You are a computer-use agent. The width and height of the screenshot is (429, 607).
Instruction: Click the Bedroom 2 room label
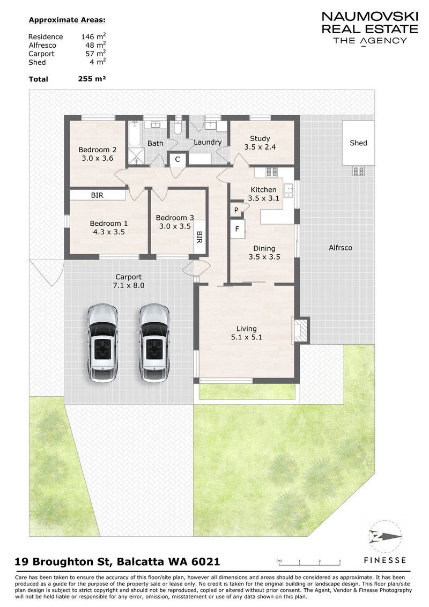97,150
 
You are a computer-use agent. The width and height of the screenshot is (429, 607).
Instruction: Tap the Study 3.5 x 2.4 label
260,139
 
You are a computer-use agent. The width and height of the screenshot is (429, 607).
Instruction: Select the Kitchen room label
264,189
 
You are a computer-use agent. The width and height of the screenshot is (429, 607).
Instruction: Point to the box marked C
177,159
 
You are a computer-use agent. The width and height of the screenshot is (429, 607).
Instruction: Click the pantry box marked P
236,210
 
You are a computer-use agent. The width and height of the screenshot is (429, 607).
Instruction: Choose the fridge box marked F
236,229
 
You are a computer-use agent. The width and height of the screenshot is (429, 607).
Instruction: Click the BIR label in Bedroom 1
97,196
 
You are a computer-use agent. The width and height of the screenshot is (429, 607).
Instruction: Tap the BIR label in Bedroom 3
199,238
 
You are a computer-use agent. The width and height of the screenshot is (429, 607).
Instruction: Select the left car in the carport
102,344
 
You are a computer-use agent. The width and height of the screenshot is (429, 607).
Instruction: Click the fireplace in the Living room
300,330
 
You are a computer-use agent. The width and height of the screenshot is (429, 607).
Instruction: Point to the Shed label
358,143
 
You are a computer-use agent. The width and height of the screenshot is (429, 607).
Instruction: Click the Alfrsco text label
340,248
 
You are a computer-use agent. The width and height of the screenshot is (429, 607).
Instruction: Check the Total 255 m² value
91,79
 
